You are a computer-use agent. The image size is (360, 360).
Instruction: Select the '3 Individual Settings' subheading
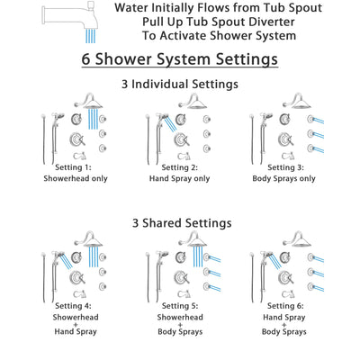point(179,84)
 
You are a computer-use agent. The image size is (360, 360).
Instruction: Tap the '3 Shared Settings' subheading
point(179,222)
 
